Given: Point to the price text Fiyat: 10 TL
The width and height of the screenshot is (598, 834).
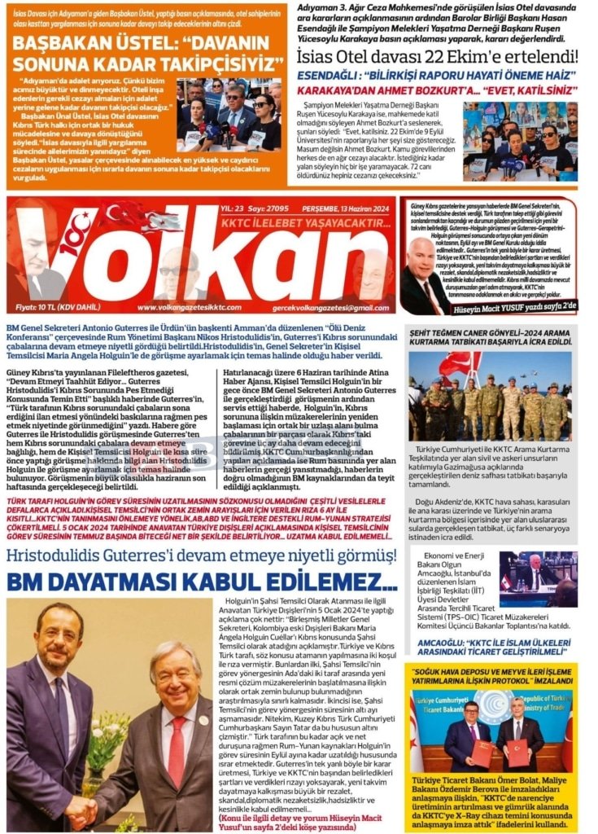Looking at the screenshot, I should (x=37, y=307).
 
